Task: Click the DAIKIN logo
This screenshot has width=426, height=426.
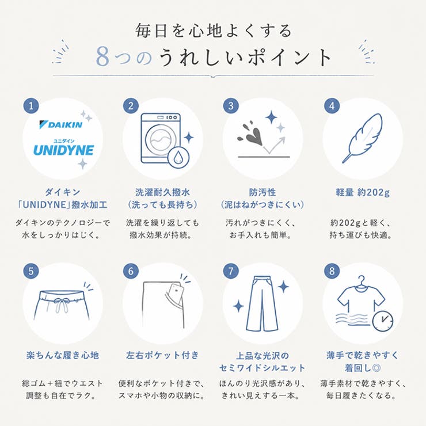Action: pos(61,124)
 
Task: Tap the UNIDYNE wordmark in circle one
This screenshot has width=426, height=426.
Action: pos(63,150)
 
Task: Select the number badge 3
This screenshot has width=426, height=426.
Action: pos(231,106)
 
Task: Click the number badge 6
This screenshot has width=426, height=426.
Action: pos(131,271)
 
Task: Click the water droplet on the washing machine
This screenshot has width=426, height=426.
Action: pos(178,157)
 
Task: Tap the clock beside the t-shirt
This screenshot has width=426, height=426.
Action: pos(382,321)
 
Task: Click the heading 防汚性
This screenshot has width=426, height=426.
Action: pos(263,192)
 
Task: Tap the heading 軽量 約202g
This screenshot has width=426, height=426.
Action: pos(363,192)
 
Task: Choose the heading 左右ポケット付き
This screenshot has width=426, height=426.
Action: pos(162,355)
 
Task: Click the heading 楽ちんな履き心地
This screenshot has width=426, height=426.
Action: pos(63,355)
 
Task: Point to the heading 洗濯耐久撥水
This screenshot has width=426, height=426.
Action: pos(162,192)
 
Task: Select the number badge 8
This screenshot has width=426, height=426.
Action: pos(332,271)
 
